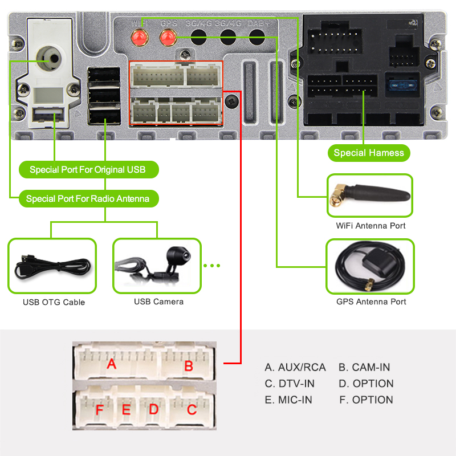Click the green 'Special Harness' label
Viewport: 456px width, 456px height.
(369, 153)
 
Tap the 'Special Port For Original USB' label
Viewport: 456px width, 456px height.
(87, 169)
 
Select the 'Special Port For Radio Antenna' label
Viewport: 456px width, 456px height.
(87, 199)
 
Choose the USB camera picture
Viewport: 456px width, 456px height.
(156, 266)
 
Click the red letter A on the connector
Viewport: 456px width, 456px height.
(112, 364)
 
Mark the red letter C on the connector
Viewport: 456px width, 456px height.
(192, 409)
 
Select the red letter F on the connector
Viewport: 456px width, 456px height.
(100, 410)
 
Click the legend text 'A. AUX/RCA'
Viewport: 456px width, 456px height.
(295, 368)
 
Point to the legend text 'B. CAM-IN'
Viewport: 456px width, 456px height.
(364, 368)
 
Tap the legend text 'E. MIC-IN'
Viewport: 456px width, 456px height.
(288, 400)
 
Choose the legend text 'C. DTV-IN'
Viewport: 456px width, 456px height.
(290, 384)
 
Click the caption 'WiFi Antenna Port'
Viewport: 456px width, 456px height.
(370, 226)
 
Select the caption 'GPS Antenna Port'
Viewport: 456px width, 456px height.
(371, 302)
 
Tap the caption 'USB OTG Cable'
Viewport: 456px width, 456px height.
(54, 302)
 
